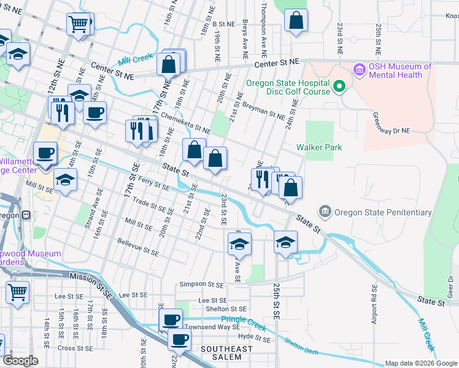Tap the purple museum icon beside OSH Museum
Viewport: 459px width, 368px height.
358,71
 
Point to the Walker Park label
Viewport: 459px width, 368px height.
319,147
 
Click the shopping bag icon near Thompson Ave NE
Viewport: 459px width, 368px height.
296,20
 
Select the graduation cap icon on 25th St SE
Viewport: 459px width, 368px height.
285,243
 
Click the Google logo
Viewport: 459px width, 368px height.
21,361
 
